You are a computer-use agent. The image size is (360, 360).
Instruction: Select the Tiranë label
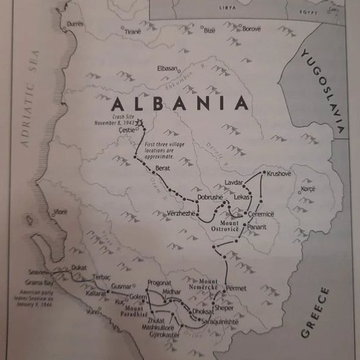click(x=132, y=31)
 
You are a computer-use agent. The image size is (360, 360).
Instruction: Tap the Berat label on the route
click(x=162, y=169)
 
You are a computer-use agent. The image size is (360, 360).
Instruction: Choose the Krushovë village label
click(x=279, y=173)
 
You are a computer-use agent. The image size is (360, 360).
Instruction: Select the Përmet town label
click(x=236, y=288)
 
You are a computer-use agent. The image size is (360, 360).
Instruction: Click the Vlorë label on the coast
click(x=61, y=212)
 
